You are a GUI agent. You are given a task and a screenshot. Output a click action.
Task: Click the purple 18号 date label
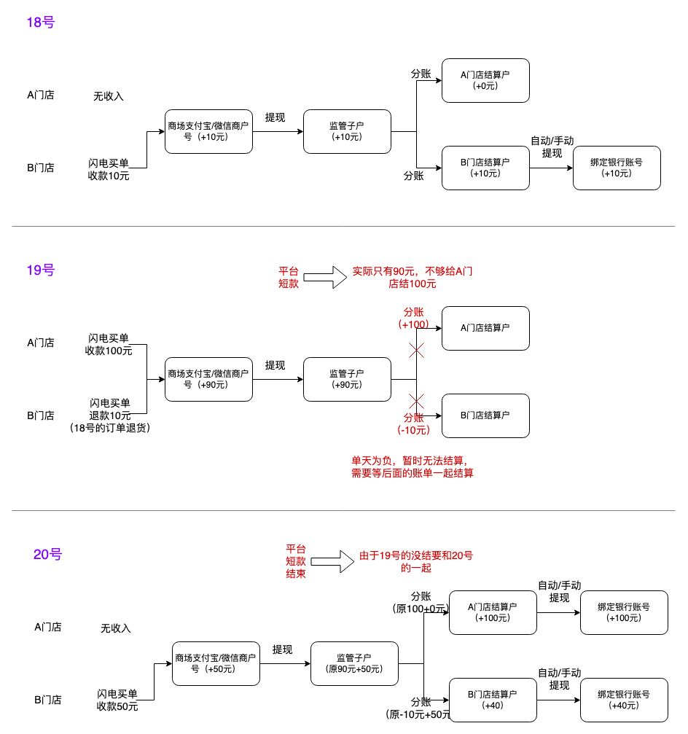40,23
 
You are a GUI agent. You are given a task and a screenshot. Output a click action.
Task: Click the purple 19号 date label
40,270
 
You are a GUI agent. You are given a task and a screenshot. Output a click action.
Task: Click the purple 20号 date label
47,555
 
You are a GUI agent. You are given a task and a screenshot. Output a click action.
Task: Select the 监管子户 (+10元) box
347,131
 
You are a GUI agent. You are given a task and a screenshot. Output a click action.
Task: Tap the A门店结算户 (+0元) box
485,80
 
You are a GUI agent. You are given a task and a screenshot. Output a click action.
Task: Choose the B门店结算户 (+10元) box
485,168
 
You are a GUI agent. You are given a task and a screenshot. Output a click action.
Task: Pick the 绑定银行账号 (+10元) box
617,168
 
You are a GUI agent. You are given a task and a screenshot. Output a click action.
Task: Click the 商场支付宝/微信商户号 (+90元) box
208,379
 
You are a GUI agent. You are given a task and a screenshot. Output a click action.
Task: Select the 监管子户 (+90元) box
347,379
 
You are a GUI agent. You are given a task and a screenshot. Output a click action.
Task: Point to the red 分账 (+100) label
414,318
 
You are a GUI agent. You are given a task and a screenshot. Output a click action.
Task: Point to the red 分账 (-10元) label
414,423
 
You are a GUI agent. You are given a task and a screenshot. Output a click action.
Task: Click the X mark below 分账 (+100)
416,351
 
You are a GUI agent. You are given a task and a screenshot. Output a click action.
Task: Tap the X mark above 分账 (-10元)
416,401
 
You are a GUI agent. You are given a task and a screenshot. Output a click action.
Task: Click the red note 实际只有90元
413,277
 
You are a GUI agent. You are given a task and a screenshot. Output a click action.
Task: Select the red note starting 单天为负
413,466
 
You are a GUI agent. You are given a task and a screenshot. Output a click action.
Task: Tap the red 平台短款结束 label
296,561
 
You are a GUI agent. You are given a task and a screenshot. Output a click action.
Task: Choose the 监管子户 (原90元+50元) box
354,663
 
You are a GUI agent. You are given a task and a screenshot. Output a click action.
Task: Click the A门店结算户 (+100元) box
493,612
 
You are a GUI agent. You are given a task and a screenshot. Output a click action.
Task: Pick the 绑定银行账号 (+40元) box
624,700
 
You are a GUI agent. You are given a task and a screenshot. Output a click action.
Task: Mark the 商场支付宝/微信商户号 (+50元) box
216,663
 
